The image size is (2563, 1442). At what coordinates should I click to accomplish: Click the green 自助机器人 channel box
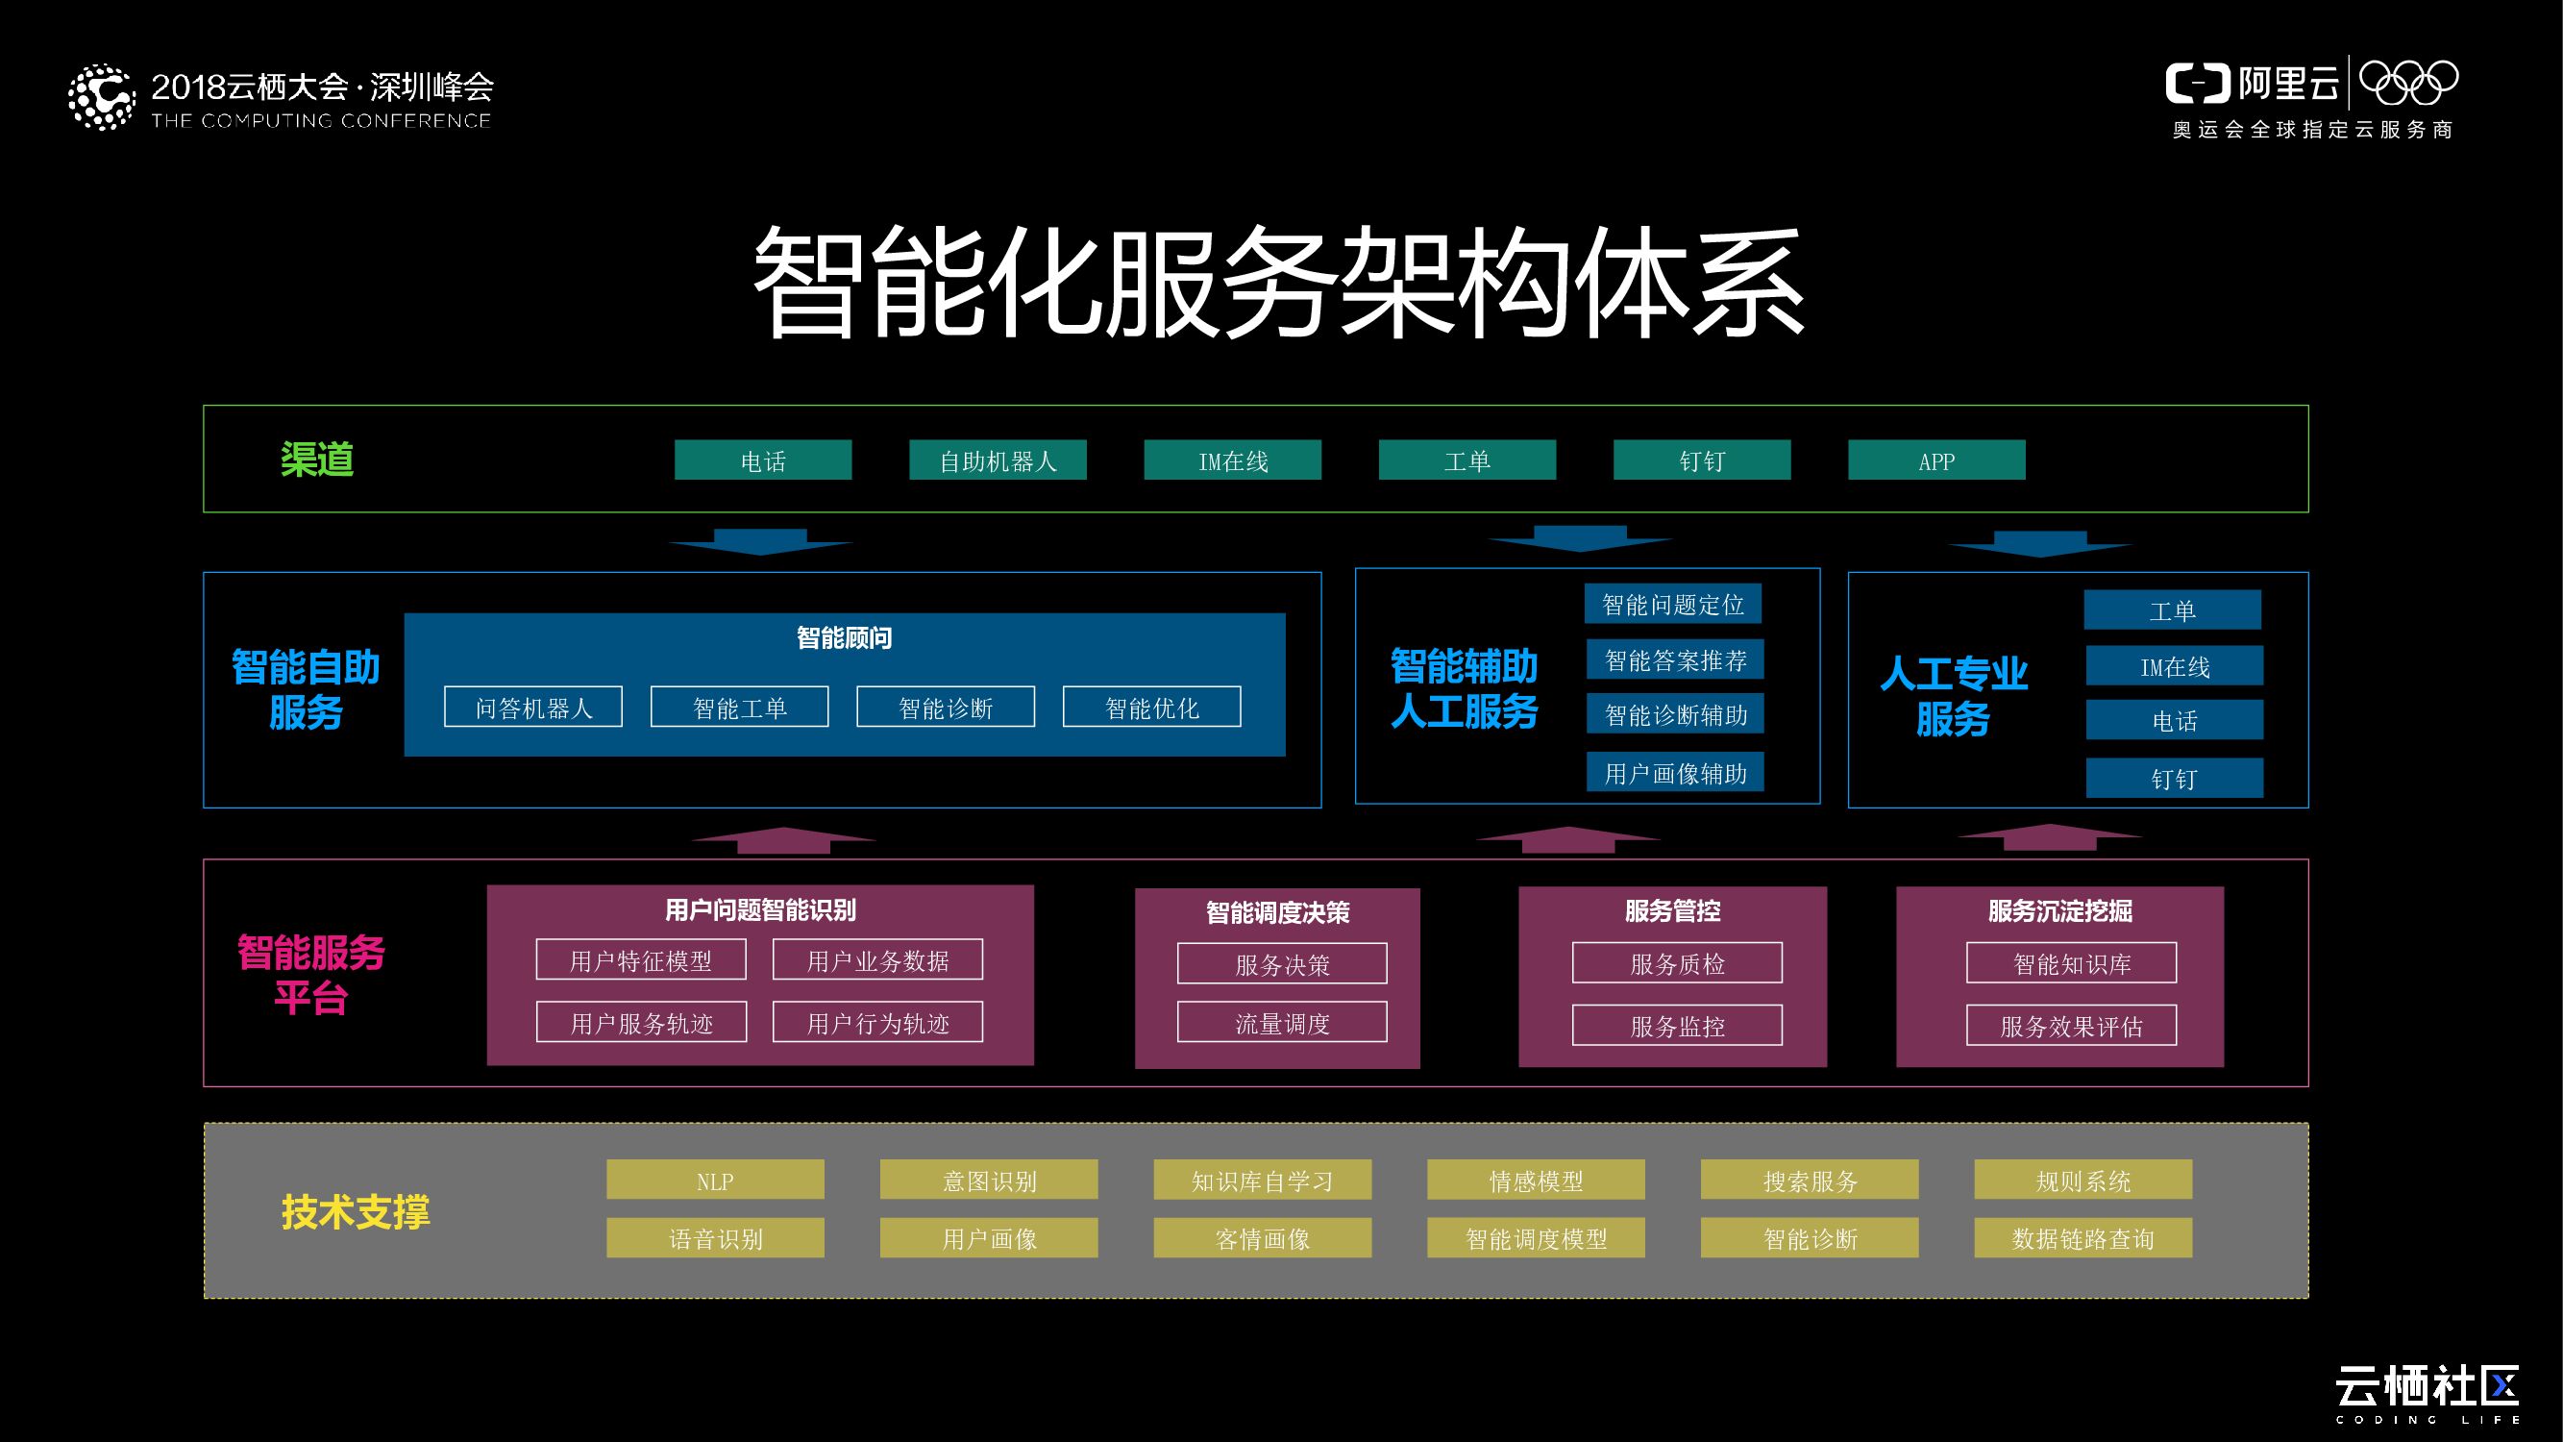997,460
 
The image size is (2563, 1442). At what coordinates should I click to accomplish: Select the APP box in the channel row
1936,460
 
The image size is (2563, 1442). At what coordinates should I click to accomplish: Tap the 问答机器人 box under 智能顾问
533,707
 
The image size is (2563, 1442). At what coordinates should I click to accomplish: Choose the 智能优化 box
1151,707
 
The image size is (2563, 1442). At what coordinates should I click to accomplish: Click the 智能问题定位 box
1672,604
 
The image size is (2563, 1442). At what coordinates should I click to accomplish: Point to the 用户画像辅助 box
1674,772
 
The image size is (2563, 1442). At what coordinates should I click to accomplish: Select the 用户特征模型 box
641,959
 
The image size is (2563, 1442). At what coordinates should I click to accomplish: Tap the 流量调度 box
1282,1022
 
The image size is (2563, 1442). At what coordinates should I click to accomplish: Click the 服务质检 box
1677,962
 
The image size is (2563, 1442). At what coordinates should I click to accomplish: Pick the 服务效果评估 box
2071,1025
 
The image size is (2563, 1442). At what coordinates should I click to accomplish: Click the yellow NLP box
715,1180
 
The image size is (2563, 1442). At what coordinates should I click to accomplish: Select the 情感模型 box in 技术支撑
1536,1180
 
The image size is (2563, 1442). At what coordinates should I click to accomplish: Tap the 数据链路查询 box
2082,1237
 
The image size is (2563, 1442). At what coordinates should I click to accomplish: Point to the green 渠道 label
317,459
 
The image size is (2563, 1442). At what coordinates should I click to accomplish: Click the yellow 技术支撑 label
356,1211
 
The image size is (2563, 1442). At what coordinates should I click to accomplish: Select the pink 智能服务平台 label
310,974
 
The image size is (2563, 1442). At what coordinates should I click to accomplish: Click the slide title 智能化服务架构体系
1279,281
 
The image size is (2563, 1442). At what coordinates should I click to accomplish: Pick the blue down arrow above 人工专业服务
2039,543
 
